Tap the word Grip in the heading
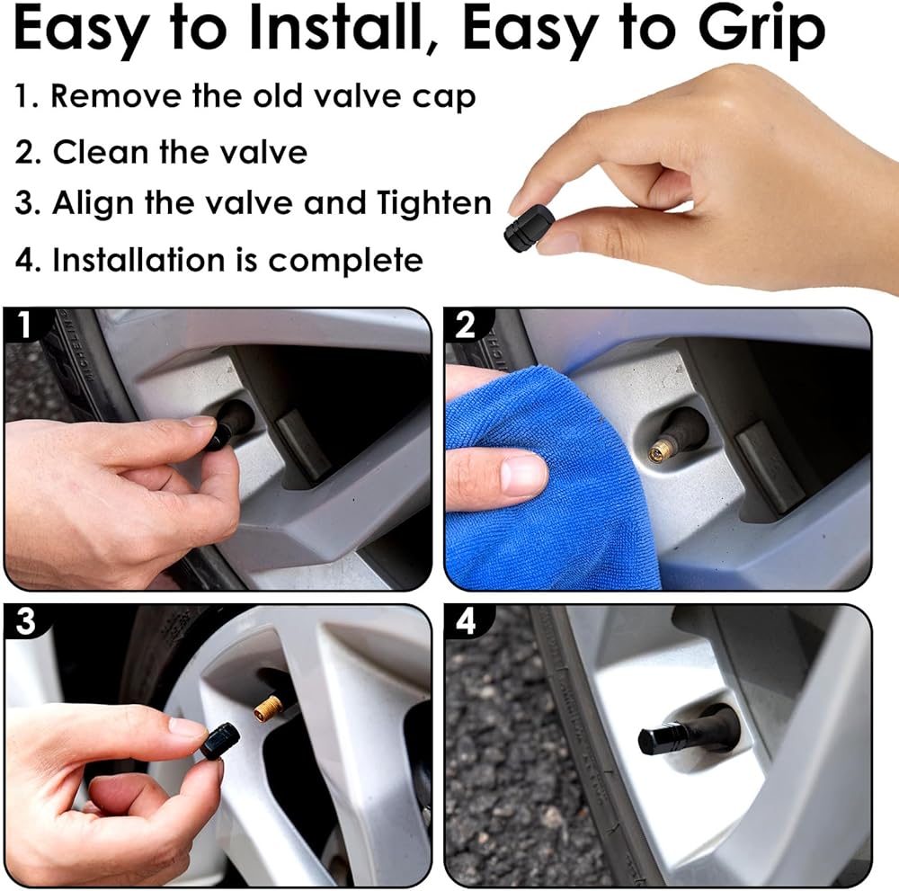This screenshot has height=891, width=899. (x=761, y=32)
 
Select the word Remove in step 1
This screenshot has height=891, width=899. (x=116, y=95)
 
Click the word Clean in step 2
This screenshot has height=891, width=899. (x=102, y=152)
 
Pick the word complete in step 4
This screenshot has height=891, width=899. (x=345, y=262)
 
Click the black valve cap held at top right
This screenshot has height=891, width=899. (x=530, y=227)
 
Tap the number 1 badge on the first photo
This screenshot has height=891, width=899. (x=23, y=325)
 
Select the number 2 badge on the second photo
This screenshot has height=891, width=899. (x=466, y=325)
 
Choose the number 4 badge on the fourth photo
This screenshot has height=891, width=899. (x=467, y=622)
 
